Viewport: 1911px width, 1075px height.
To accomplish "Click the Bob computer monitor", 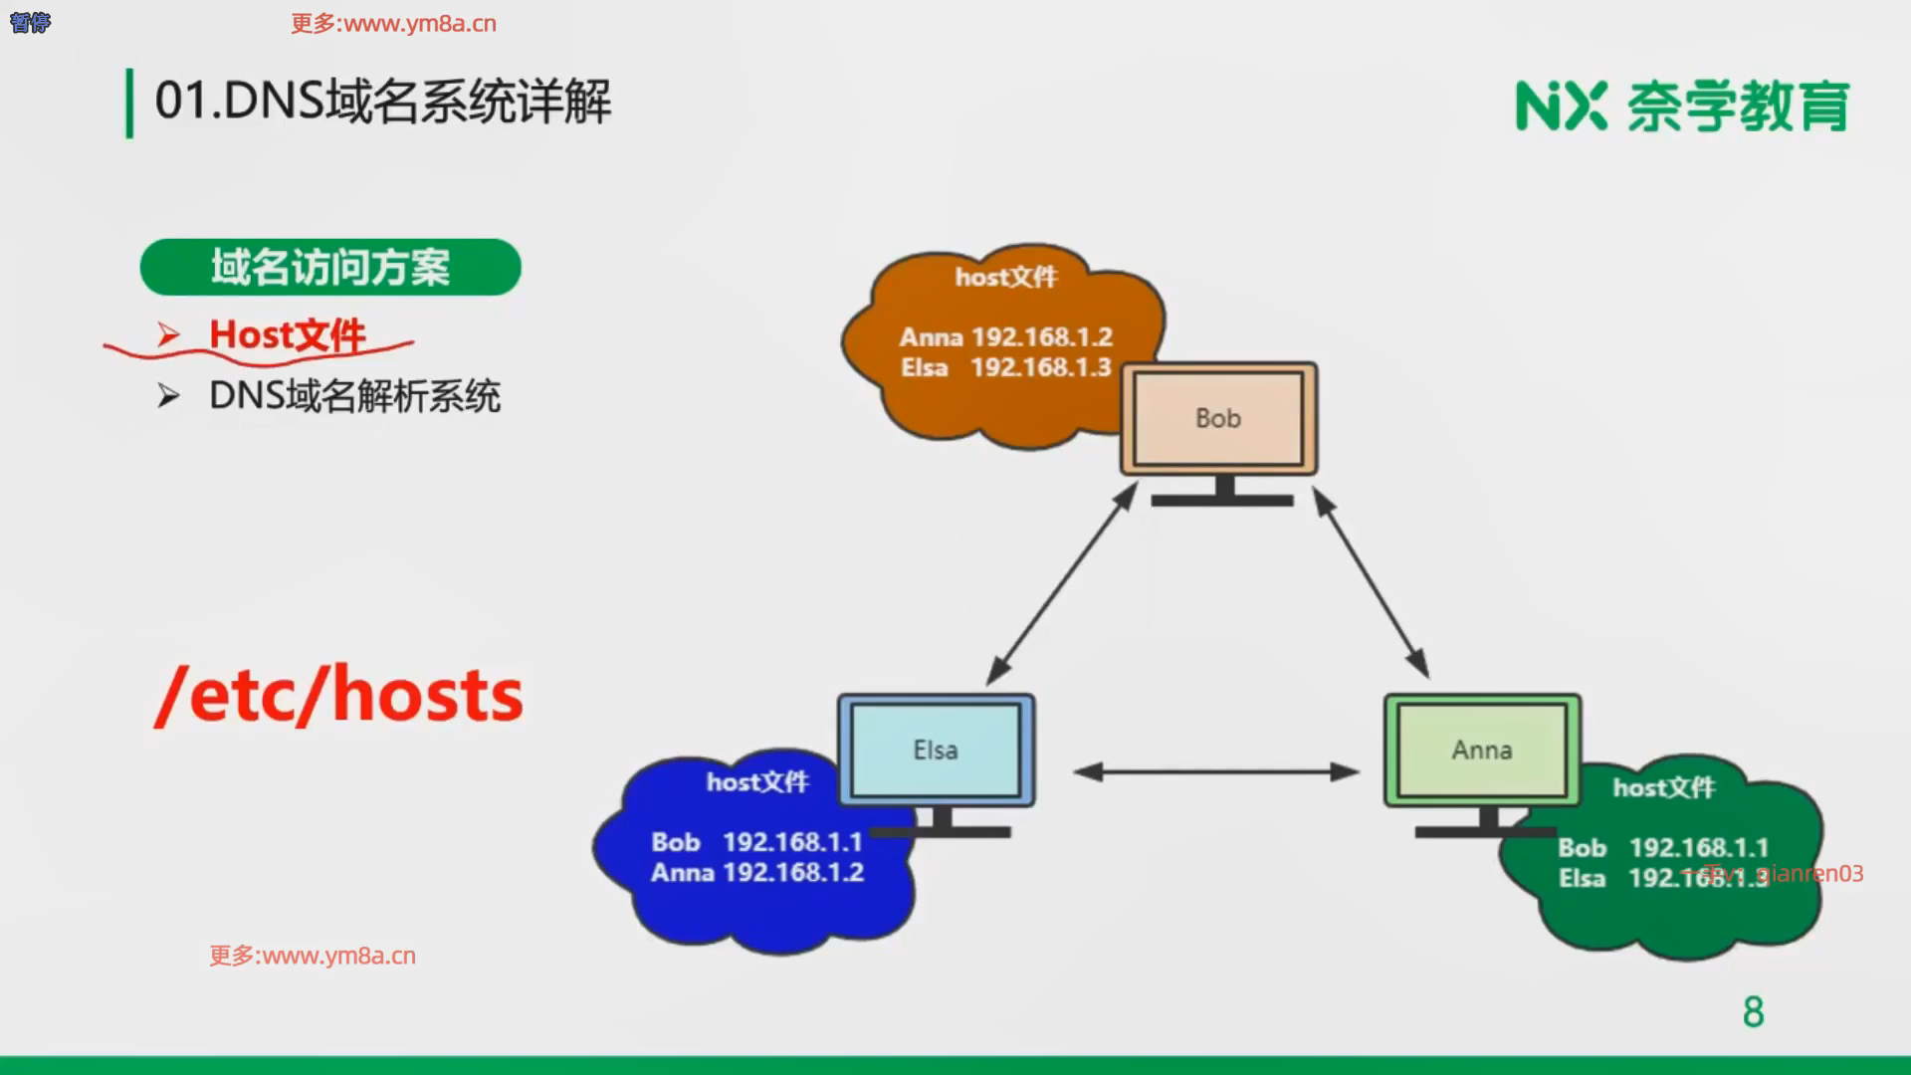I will point(1218,418).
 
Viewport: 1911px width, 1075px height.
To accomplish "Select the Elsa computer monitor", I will point(936,750).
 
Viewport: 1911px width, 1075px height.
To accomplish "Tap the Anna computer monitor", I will point(1481,750).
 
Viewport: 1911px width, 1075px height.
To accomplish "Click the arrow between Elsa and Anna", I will point(1216,771).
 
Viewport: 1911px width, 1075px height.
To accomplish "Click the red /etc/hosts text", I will point(338,695).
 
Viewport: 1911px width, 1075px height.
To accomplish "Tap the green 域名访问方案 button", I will point(330,267).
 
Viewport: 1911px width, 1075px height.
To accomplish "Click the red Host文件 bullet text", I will point(287,335).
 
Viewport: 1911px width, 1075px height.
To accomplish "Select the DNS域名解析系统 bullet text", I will point(354,396).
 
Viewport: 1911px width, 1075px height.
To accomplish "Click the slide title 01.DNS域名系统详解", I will point(383,102).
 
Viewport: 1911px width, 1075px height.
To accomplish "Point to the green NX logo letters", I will point(1561,107).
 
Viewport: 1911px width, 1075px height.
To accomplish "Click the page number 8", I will point(1753,1012).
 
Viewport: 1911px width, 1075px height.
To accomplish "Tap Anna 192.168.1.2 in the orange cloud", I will point(1005,337).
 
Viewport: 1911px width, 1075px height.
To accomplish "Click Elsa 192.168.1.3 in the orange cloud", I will point(1005,367).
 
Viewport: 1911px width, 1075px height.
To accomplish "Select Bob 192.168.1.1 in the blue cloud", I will point(756,842).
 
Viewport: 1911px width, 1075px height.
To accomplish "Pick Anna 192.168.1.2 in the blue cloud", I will point(756,873).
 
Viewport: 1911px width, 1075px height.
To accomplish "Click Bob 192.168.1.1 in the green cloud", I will point(1662,848).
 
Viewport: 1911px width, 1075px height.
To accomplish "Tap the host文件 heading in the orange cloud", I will point(1005,277).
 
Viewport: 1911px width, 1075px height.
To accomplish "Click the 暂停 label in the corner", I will point(30,22).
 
